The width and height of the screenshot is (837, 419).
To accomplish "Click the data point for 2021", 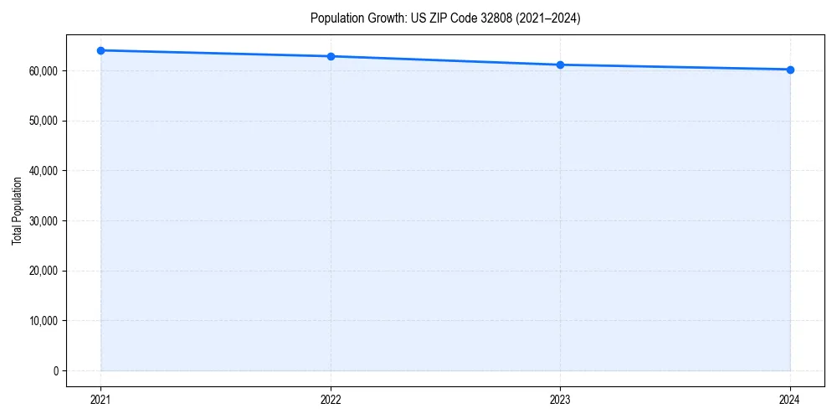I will pos(100,50).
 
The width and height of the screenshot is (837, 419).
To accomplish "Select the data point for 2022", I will pos(331,56).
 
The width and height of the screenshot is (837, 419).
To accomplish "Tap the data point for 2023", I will pos(560,65).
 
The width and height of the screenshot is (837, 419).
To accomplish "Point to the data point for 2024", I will pos(790,70).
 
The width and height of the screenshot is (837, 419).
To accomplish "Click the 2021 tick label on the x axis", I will pos(100,400).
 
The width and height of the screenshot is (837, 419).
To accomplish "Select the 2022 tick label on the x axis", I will pos(331,400).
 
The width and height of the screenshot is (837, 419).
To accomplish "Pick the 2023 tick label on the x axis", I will pos(560,400).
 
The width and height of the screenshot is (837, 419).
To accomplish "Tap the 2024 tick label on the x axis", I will pos(790,400).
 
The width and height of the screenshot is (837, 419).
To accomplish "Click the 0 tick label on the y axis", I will pos(55,370).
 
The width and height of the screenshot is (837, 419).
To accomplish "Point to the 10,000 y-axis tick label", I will pos(44,321).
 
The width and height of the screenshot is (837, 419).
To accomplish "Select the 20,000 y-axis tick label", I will pos(44,271).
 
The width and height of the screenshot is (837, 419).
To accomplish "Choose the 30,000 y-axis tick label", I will pos(44,221).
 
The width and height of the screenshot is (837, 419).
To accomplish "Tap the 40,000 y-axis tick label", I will pos(44,171).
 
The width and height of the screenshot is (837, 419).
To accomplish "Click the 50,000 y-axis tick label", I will pos(44,121).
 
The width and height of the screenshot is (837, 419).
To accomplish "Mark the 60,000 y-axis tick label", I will pos(44,71).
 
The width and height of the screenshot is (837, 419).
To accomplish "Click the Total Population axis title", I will pos(17,210).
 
